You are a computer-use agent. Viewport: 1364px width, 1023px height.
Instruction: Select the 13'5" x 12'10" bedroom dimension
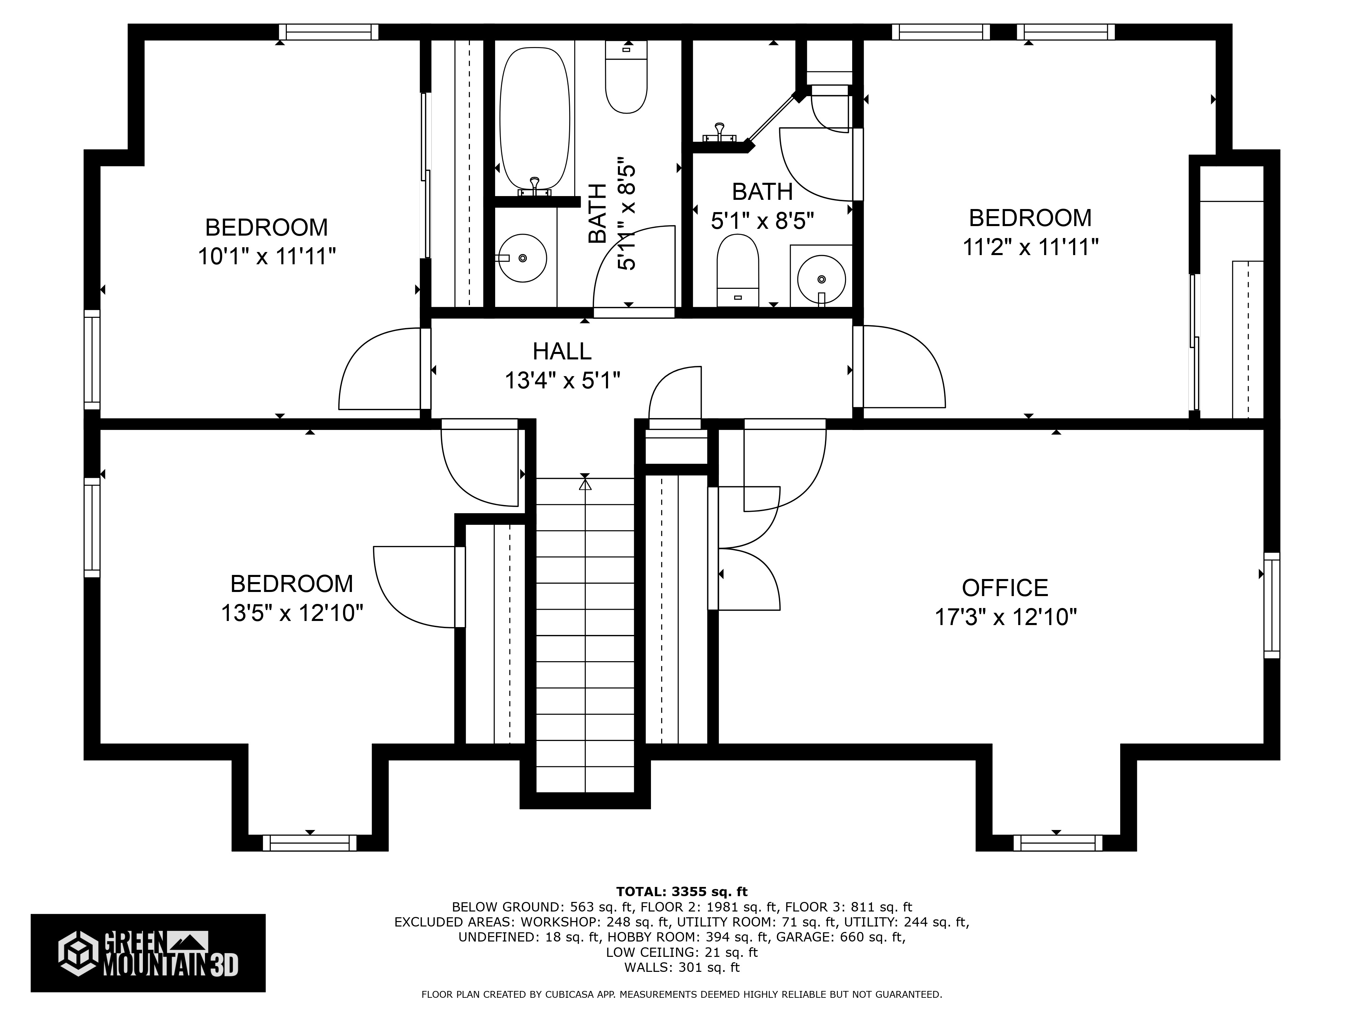point(292,613)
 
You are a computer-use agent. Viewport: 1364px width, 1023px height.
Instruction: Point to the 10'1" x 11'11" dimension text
point(266,256)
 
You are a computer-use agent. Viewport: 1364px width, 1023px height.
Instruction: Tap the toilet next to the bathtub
point(626,77)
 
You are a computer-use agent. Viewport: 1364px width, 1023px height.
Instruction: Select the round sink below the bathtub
point(522,258)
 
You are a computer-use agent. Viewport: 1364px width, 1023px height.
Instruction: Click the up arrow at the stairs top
point(584,485)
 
